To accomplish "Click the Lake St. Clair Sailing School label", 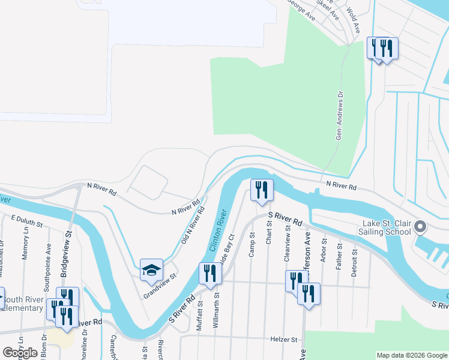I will click(x=385, y=227).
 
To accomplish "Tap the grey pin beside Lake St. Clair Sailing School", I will click(x=420, y=227).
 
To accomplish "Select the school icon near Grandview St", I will click(x=151, y=269).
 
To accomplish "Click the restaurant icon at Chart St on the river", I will click(x=262, y=190).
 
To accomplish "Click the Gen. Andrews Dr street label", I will click(x=340, y=116).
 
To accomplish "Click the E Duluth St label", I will click(x=27, y=221).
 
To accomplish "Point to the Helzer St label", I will click(x=286, y=340).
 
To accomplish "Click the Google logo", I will click(x=20, y=353).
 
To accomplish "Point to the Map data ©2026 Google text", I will click(x=411, y=355).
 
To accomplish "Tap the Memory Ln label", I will click(x=25, y=247).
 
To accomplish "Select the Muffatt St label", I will click(x=199, y=317).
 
